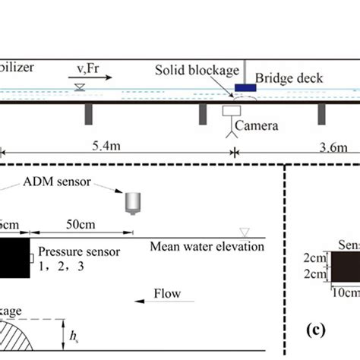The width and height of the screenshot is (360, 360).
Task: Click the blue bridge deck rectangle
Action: pos(246,88)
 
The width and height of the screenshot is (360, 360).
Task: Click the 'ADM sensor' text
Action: pos(45,182)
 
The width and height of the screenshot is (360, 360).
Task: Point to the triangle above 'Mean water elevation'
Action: pos(244,232)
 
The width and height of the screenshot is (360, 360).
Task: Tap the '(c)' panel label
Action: pos(313,330)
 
